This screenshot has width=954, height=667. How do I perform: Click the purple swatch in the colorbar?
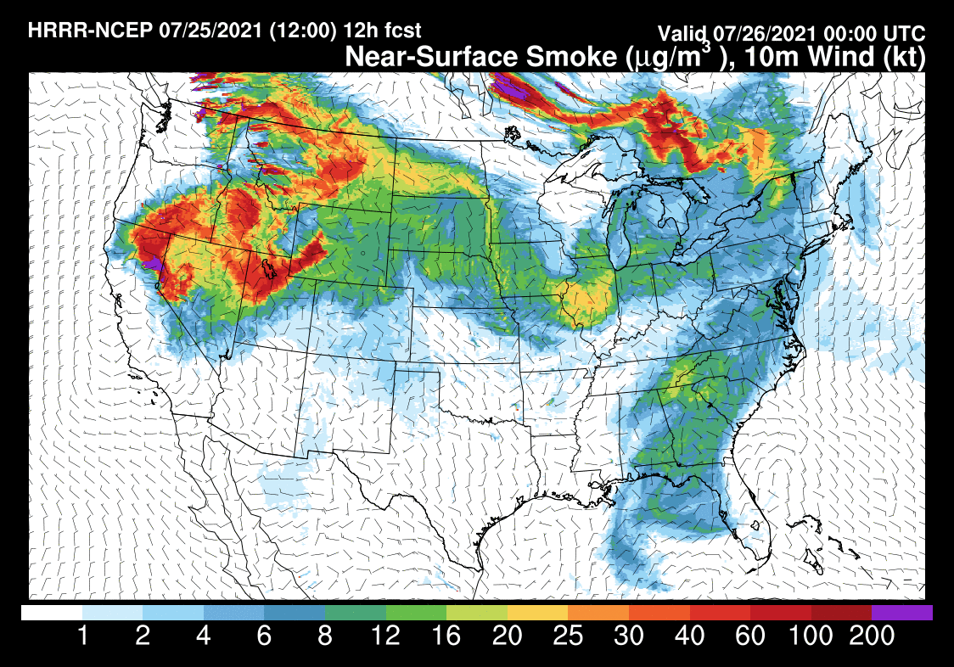point(902,612)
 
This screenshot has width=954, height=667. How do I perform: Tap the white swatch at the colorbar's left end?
point(52,612)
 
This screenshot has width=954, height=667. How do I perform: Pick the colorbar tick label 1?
point(82,636)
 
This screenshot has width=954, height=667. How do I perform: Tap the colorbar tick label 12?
point(386,636)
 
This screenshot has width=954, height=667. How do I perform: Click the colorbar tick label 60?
point(750,636)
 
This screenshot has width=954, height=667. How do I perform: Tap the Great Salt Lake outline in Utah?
point(271,269)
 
